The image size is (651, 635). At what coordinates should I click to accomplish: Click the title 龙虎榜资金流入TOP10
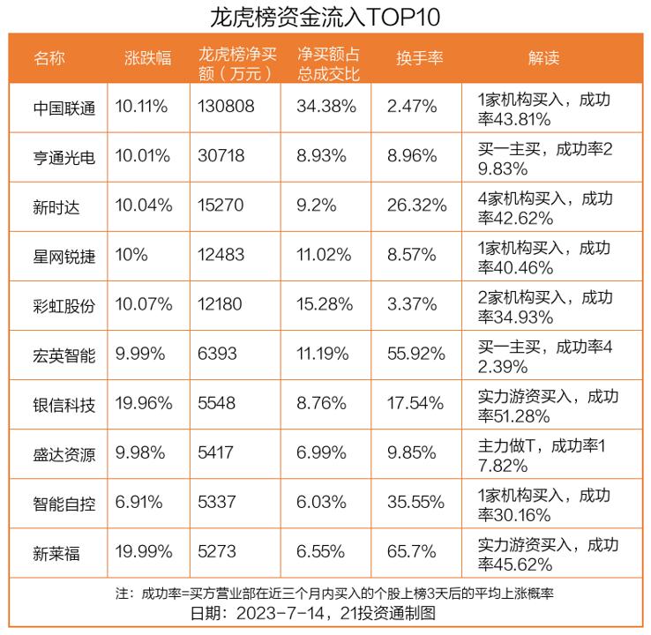325,17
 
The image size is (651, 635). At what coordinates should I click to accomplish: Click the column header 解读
543,58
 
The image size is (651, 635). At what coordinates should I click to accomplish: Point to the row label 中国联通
64,107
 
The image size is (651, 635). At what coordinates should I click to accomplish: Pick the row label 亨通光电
64,157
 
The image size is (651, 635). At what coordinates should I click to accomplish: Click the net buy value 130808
228,107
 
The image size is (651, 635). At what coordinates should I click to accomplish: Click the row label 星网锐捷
64,256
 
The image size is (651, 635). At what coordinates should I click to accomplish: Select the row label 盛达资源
64,454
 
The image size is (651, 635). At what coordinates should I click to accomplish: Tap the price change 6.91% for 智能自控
138,504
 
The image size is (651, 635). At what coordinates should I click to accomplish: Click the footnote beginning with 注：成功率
325,593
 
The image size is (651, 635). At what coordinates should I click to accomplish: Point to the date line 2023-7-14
325,613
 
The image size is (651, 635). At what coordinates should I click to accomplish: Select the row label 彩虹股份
64,305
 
